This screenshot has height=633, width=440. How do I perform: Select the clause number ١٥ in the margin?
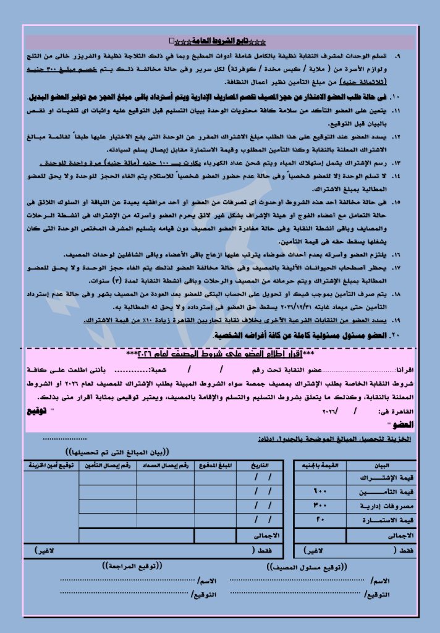tap(396, 202)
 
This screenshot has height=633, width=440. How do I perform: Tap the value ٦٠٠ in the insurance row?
tap(319, 491)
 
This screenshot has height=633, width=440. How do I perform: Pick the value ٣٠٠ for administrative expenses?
tap(319, 504)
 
